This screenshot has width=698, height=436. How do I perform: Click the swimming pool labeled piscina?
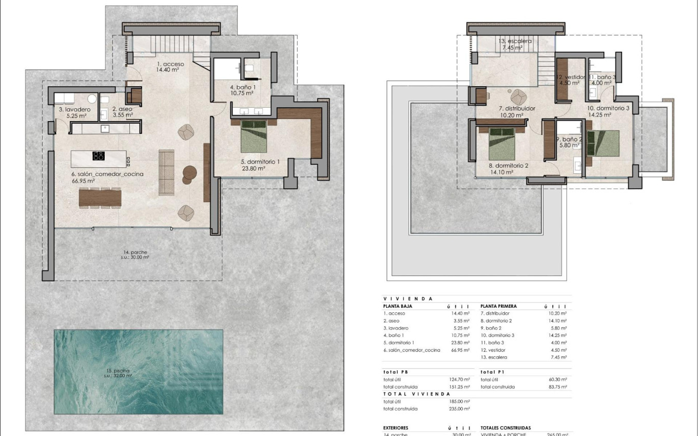(x=139, y=371)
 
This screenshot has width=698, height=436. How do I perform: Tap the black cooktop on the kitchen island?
(x=99, y=156)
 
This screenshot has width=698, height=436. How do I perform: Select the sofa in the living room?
(x=166, y=172)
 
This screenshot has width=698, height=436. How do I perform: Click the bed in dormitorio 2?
(x=502, y=144)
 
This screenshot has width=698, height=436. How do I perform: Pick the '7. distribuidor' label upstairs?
(x=517, y=109)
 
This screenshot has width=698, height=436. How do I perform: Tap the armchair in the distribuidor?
(x=519, y=96)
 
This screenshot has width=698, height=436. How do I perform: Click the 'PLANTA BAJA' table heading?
(x=398, y=306)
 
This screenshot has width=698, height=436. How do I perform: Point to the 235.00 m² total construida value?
(x=459, y=409)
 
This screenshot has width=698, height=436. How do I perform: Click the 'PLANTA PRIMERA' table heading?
(x=499, y=306)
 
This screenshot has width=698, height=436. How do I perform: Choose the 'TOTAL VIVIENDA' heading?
(x=410, y=394)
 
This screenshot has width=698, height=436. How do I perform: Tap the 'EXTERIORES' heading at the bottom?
(x=396, y=427)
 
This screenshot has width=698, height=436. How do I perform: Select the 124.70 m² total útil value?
(x=459, y=380)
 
